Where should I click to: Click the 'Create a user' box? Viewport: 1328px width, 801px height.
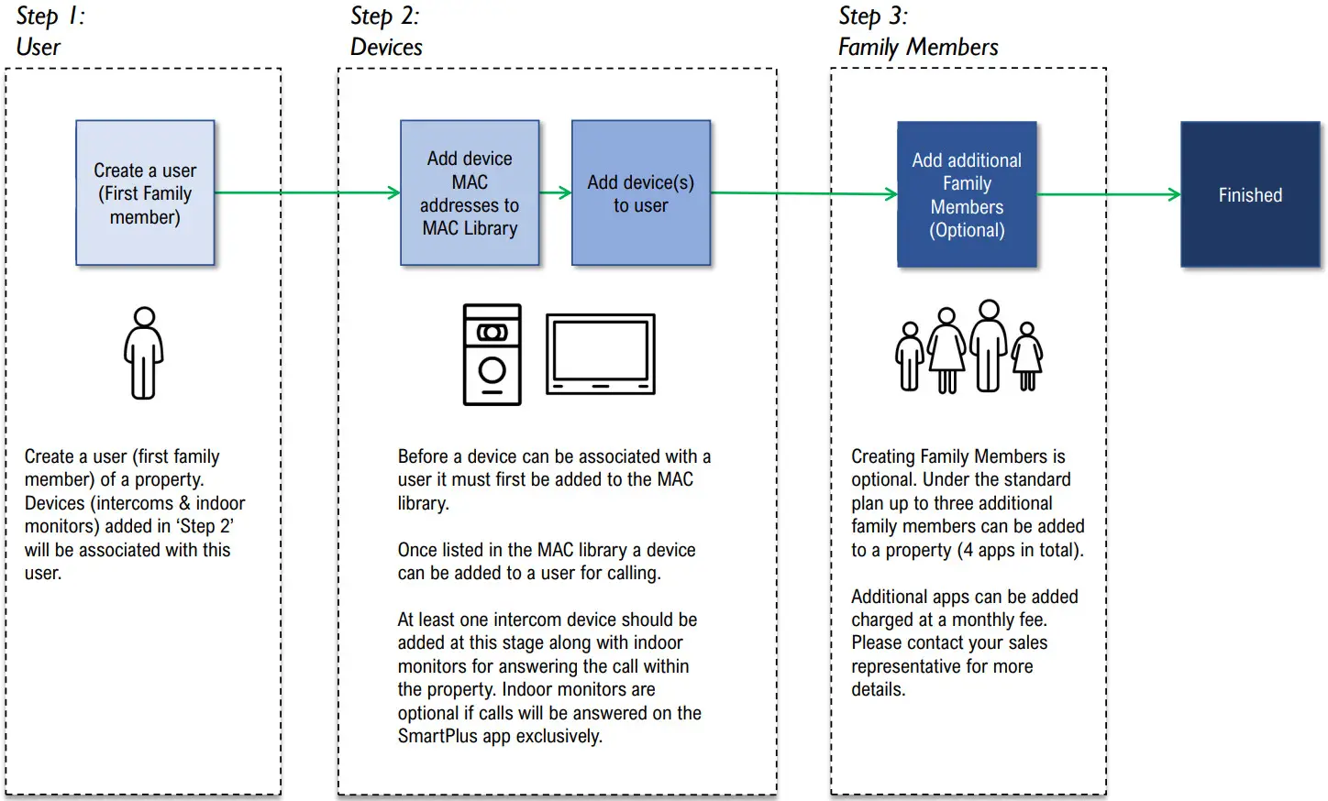(145, 193)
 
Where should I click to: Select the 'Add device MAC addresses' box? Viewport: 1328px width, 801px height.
(470, 193)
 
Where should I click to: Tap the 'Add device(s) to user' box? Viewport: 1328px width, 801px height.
(641, 193)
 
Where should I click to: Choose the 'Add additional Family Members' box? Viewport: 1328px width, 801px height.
(967, 194)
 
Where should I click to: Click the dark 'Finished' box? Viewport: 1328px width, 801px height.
(1250, 194)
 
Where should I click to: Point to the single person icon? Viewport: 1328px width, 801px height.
(144, 354)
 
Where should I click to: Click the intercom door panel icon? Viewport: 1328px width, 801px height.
(492, 355)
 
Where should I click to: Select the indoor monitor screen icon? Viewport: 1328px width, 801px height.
(601, 354)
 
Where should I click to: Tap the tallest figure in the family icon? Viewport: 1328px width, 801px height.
(989, 346)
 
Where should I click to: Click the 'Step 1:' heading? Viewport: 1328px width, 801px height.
(50, 16)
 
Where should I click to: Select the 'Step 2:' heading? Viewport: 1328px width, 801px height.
(385, 16)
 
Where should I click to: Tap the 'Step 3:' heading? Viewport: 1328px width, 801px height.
(873, 16)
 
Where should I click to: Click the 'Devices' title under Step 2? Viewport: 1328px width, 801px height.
(386, 48)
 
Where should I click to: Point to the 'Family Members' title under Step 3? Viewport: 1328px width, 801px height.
(918, 48)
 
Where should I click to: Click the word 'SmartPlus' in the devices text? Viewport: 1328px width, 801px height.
(437, 736)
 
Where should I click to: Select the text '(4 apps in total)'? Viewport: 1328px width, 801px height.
(1020, 550)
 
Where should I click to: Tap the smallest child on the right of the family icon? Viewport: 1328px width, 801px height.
(1027, 357)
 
